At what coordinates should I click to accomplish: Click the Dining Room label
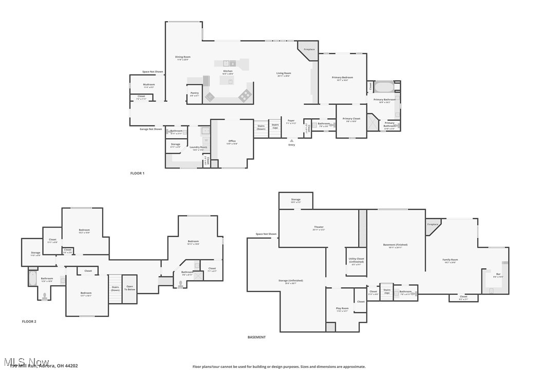[183, 57]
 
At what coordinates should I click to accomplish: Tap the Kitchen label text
[228, 71]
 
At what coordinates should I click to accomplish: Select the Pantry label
[195, 93]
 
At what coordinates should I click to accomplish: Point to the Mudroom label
[149, 84]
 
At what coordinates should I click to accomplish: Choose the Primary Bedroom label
[342, 78]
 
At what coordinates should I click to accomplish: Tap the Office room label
[232, 141]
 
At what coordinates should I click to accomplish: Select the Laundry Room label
[198, 147]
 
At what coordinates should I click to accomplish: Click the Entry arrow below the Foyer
[291, 140]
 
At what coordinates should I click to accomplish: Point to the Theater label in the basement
[319, 227]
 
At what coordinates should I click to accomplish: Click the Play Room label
[342, 308]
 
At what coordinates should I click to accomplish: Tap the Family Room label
[450, 260]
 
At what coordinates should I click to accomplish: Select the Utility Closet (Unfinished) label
[356, 260]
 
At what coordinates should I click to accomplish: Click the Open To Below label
[129, 288]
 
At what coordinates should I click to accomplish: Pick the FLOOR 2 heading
[29, 322]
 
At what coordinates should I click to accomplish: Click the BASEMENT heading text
[256, 338]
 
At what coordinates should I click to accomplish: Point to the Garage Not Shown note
[151, 129]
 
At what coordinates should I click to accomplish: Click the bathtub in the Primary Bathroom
[383, 86]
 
